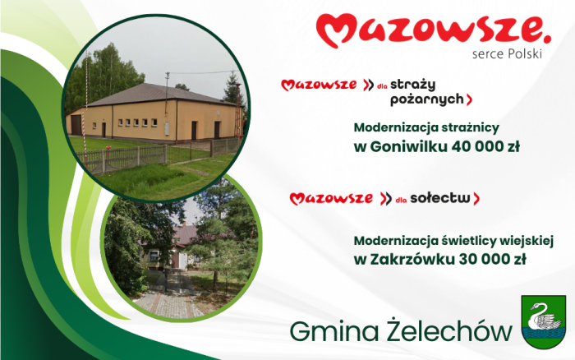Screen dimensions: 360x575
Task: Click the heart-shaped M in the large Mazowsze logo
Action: [337, 31]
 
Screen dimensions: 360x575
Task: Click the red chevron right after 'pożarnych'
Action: [469, 99]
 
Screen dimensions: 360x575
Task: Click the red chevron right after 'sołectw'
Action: [476, 198]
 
